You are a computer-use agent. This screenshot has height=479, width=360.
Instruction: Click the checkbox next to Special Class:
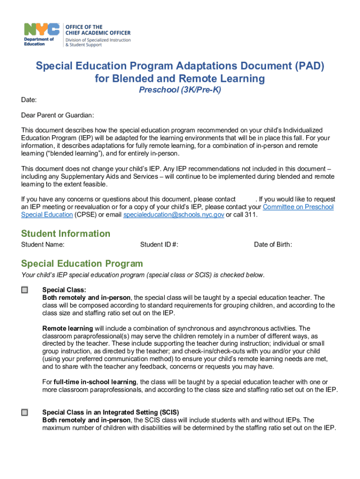[25, 290]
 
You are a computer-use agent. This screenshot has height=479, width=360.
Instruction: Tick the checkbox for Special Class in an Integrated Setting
[25, 413]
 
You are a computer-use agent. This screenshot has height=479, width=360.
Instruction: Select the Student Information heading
[65, 233]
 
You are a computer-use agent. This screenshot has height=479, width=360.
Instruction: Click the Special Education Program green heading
[82, 263]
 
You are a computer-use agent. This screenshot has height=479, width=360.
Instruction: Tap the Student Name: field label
[43, 244]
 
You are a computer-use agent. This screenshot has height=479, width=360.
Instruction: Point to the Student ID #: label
[159, 244]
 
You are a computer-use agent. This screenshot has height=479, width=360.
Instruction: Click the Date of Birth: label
[273, 244]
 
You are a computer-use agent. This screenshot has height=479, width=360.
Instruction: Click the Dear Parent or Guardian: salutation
[58, 115]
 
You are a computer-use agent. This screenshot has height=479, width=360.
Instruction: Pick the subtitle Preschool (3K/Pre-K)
[180, 90]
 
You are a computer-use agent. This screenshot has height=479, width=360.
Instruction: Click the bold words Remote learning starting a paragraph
[67, 328]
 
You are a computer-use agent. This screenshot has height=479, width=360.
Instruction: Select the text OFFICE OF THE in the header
[84, 27]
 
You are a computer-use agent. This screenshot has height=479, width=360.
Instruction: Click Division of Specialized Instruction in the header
[98, 40]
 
